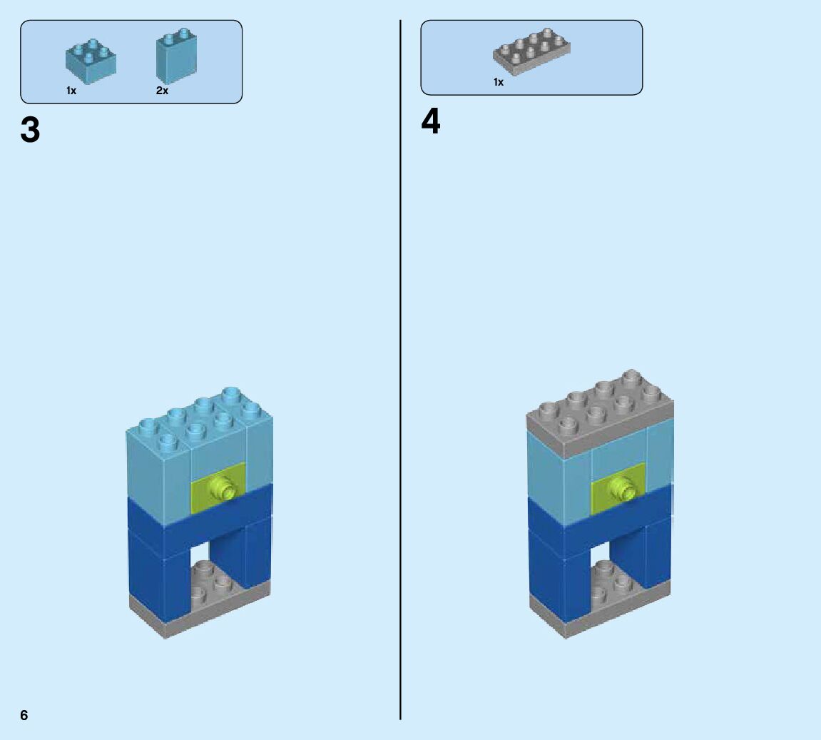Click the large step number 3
[x=30, y=131]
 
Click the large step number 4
[x=431, y=122]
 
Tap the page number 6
[x=24, y=715]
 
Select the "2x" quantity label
[x=162, y=91]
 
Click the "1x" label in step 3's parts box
[x=71, y=91]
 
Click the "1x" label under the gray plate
[x=499, y=82]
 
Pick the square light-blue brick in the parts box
[x=91, y=61]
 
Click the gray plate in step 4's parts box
[x=531, y=51]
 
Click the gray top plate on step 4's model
[x=599, y=414]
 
